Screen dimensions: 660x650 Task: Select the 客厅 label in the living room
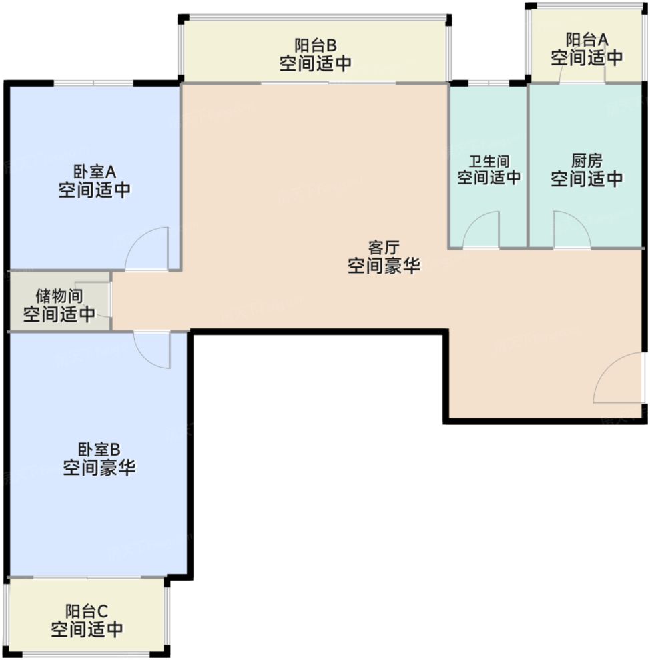[384, 248]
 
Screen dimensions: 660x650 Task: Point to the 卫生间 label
[489, 161]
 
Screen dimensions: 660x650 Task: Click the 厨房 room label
[587, 161]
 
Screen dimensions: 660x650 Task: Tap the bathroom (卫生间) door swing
[482, 231]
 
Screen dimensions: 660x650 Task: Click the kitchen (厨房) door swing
[571, 231]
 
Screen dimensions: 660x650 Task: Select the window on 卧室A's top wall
[93, 83]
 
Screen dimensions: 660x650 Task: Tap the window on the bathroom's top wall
[489, 83]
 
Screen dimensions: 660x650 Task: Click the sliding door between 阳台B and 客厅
[328, 83]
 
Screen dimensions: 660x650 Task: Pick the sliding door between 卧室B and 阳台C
[87, 577]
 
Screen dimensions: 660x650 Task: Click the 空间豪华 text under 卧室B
[99, 468]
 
